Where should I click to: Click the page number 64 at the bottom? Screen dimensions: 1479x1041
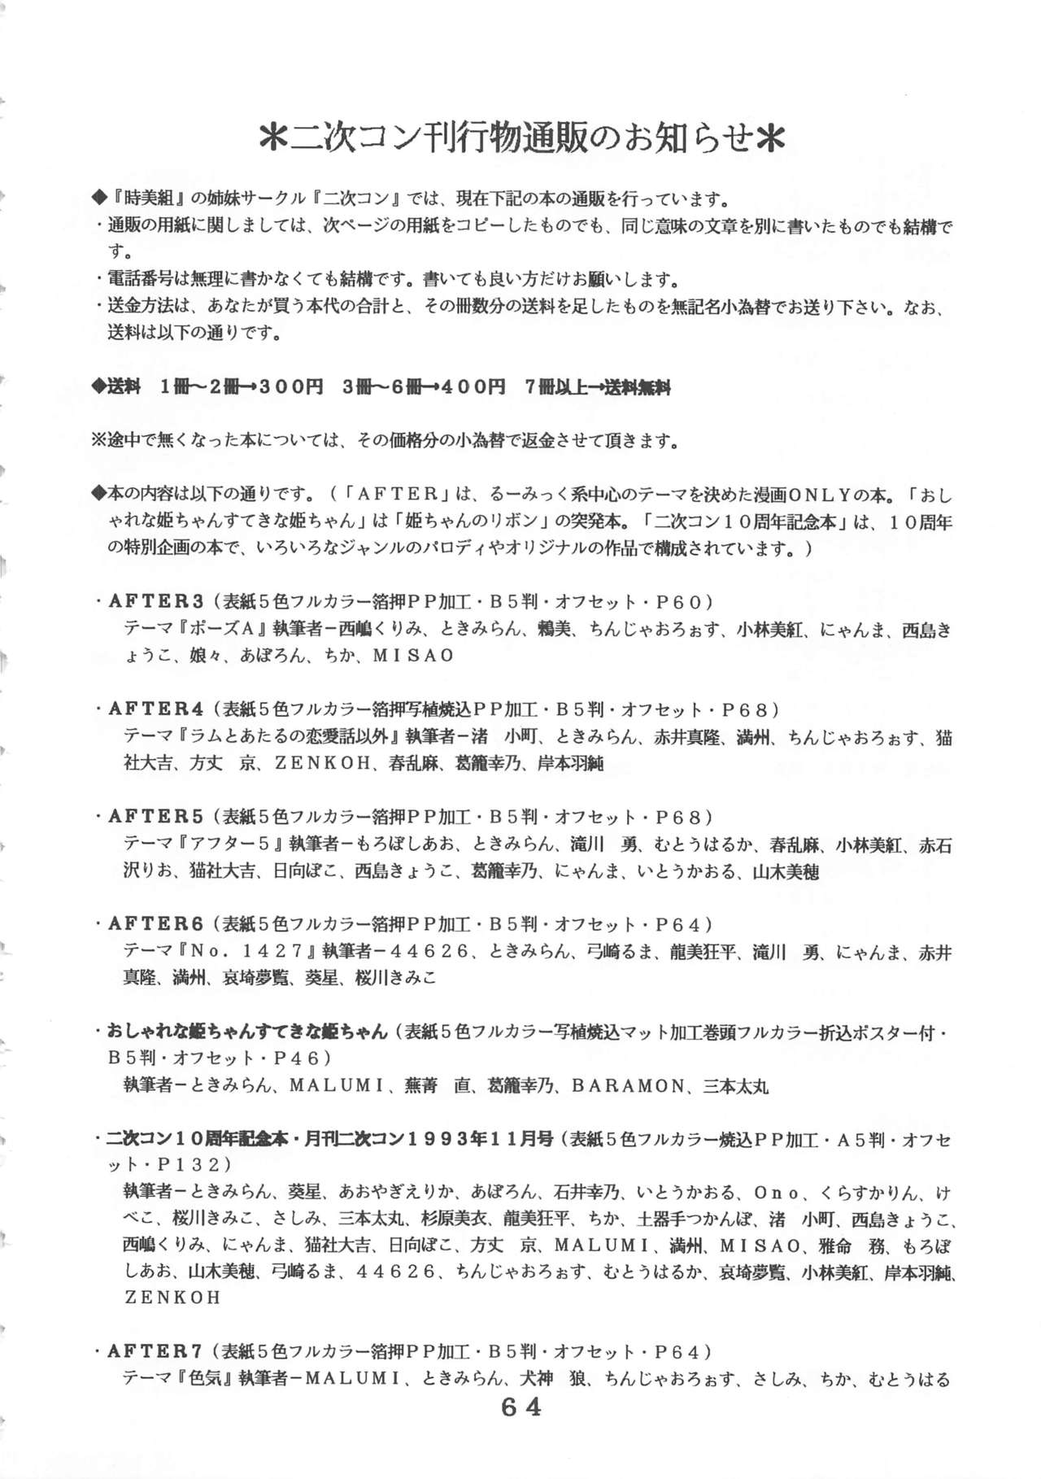pos(520,1407)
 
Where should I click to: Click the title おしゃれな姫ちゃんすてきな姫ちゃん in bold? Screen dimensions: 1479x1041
pos(248,1032)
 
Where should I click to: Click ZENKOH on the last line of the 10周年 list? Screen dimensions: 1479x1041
pos(172,1298)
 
